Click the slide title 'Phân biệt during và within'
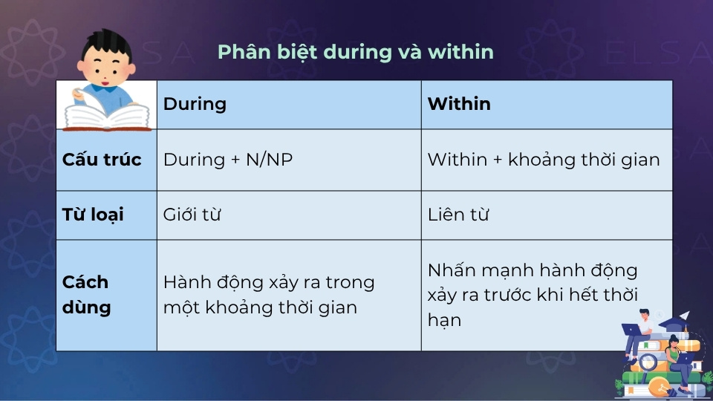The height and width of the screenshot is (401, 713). click(x=355, y=52)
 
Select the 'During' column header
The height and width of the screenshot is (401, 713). click(x=195, y=104)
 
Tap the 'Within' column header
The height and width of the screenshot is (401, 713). click(x=459, y=104)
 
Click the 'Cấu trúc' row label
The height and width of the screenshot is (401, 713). click(x=102, y=160)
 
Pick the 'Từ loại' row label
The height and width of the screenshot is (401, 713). click(x=93, y=215)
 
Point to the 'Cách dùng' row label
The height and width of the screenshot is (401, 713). click(x=85, y=295)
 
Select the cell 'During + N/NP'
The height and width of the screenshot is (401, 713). click(x=228, y=160)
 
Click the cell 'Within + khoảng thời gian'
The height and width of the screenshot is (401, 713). click(x=544, y=160)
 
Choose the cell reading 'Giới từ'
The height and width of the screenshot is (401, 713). click(x=192, y=215)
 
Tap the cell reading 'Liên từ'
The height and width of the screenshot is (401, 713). click(x=457, y=215)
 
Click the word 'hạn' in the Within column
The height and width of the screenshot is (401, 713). click(x=444, y=321)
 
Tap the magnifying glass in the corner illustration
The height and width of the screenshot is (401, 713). click(x=646, y=363)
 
